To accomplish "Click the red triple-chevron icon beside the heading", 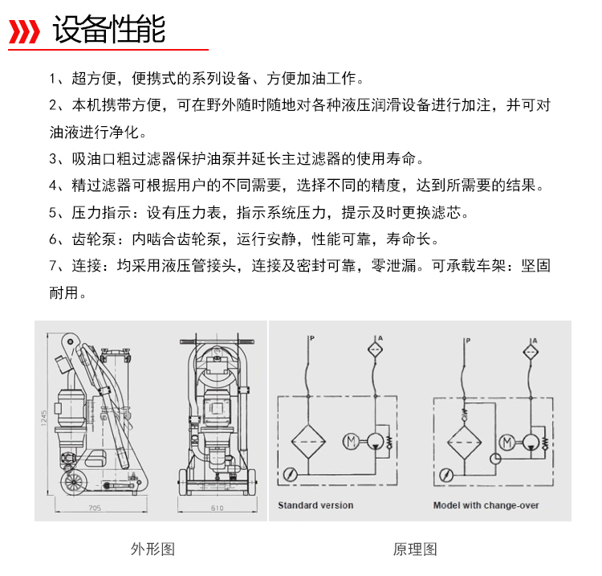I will [24, 32].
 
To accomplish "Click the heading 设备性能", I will [108, 30].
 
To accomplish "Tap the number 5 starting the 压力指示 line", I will [53, 213].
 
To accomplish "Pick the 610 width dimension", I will [217, 509].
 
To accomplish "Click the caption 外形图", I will [153, 549].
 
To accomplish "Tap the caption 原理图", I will [415, 549].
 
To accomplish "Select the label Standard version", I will [315, 505].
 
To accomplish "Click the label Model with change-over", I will [486, 505].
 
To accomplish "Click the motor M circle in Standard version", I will [351, 441].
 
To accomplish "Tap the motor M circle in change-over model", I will [506, 441].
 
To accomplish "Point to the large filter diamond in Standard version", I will [307, 441].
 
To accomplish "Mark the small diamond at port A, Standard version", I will [375, 350].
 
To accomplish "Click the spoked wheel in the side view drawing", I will [75, 484].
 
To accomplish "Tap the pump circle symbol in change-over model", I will [529, 441].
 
